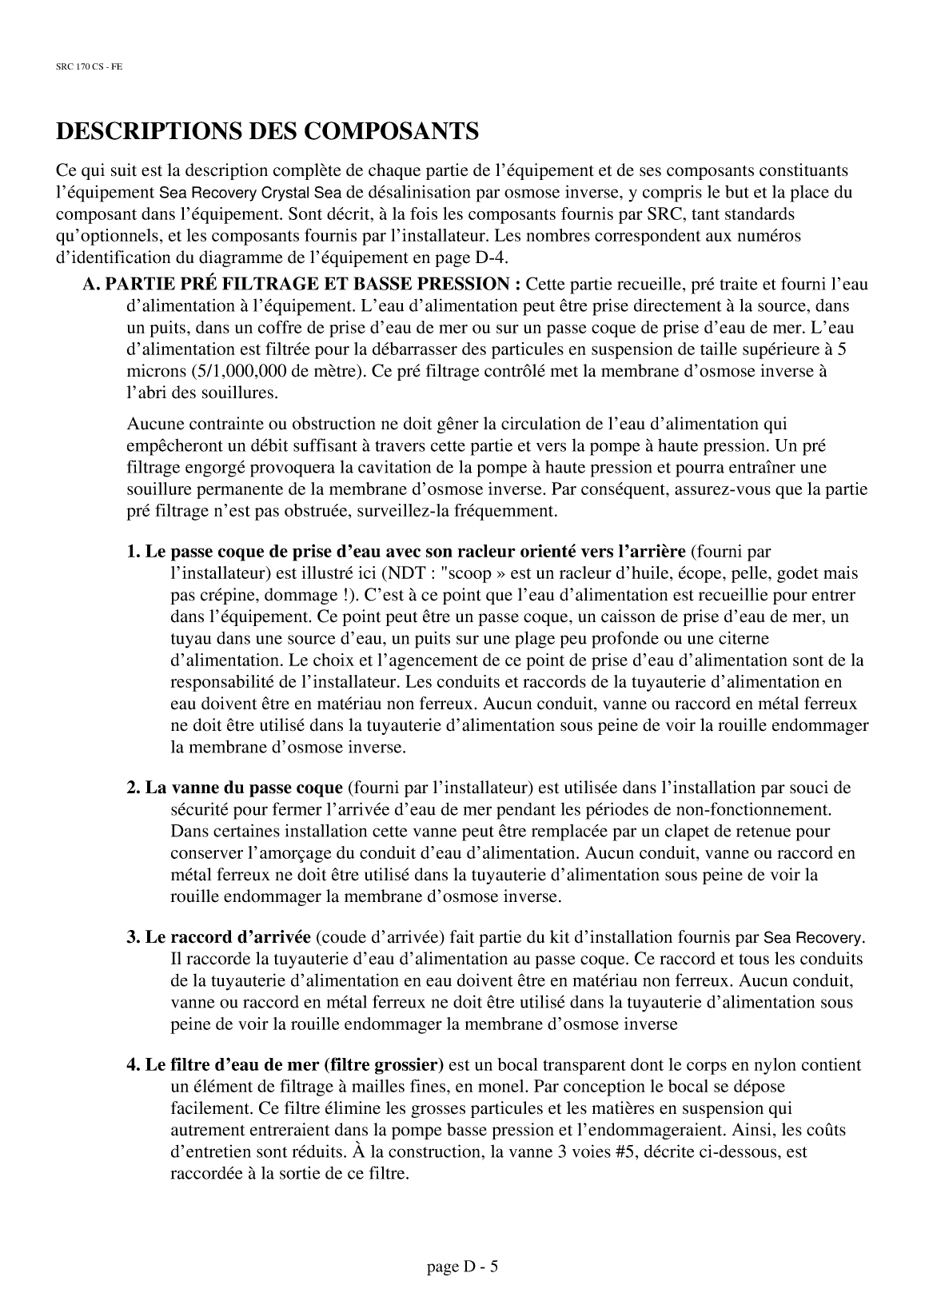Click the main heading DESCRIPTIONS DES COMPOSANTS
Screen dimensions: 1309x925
pos(267,131)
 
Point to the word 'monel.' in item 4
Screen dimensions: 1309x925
pos(504,1087)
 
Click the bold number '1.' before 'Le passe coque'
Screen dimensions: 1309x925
pos(134,553)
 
